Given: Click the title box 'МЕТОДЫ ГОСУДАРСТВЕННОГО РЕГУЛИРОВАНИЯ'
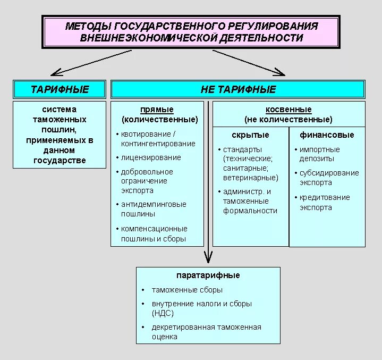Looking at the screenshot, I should [191, 32].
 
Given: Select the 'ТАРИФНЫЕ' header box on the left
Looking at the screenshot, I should [60, 89].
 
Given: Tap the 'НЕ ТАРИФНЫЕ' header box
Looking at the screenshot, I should [237, 89].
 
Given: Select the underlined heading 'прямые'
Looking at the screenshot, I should [157, 110].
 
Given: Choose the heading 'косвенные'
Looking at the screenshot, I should [288, 110].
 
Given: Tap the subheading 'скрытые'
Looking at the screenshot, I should [250, 135].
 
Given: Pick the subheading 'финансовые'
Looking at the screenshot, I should [327, 135].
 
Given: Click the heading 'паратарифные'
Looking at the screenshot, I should [208, 275].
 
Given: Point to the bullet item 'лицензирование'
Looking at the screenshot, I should [151, 157].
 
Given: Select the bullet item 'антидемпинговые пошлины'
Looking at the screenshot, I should [154, 209].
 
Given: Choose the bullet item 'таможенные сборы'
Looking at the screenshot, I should [187, 290].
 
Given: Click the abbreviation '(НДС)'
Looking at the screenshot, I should [163, 313].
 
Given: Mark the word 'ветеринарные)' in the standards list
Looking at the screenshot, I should [251, 178].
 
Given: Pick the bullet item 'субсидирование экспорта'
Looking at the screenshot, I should [329, 178].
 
